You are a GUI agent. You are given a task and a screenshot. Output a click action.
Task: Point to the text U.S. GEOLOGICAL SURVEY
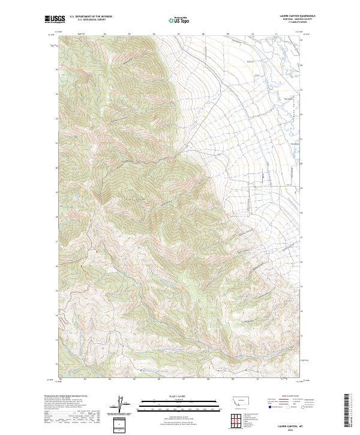91,20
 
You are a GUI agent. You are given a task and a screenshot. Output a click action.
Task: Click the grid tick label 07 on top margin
179,34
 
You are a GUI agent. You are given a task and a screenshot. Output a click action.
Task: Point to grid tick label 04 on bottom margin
110,379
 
